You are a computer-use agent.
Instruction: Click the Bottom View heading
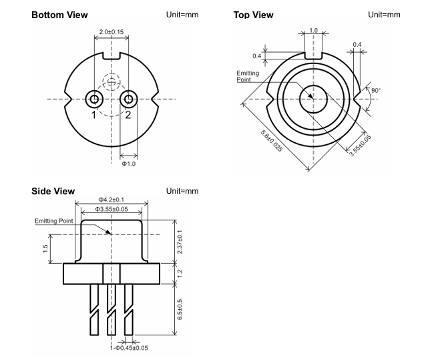click(59, 15)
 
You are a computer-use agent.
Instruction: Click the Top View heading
click(253, 15)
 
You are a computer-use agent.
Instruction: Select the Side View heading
click(53, 192)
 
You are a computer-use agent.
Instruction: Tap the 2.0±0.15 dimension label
click(111, 31)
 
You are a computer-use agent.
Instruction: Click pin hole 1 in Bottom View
click(95, 100)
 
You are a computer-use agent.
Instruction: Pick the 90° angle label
click(375, 90)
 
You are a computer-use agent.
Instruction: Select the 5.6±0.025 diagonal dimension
click(271, 140)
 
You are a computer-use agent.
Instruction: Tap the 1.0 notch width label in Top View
click(313, 30)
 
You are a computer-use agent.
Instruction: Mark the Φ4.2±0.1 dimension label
click(112, 199)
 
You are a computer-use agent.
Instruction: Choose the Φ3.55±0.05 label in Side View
click(112, 209)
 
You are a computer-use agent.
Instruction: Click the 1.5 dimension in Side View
click(44, 248)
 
